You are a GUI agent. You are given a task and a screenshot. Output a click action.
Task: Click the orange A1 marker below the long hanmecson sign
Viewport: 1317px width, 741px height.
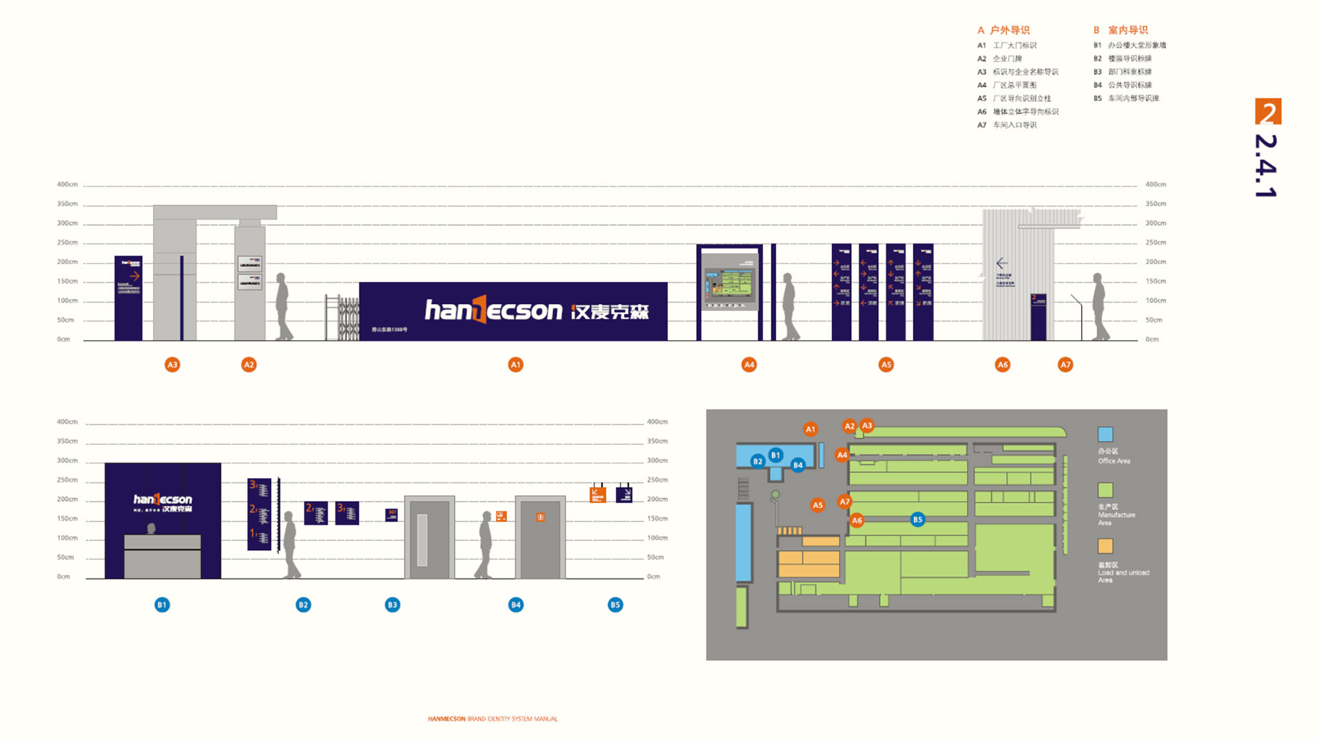(x=516, y=365)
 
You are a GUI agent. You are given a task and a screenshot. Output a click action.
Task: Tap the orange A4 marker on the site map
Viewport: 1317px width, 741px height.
(x=842, y=455)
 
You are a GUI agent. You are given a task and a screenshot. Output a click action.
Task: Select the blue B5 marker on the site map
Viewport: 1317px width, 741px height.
(x=918, y=519)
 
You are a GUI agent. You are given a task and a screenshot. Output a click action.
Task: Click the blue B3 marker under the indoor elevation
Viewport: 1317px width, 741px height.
(x=392, y=604)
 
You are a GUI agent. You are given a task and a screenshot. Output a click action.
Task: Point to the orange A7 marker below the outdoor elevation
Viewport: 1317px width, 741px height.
(x=1065, y=365)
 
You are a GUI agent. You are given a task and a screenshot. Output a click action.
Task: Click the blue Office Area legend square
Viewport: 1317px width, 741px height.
(x=1105, y=434)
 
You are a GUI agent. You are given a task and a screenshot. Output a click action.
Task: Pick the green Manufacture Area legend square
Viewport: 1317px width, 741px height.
(x=1105, y=490)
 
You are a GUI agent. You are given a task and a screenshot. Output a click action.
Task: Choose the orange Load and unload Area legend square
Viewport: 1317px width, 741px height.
(x=1105, y=546)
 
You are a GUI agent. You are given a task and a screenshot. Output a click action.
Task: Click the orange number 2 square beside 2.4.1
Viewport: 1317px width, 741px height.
(x=1268, y=112)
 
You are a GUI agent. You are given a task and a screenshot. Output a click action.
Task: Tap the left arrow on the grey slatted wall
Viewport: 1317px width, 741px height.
(x=1002, y=263)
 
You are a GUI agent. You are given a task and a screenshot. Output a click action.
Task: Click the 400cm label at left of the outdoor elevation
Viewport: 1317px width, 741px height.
(x=67, y=185)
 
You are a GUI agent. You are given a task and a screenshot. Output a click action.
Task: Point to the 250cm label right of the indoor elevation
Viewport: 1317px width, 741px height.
(x=657, y=480)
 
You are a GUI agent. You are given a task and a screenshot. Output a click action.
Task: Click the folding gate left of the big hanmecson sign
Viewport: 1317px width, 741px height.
(x=342, y=318)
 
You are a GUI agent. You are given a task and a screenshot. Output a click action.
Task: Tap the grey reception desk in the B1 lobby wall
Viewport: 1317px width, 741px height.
(x=163, y=556)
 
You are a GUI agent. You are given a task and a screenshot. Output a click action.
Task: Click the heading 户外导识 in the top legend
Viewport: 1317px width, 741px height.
(x=1010, y=30)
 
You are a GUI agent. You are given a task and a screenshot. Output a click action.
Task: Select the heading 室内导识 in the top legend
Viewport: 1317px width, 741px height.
(x=1128, y=30)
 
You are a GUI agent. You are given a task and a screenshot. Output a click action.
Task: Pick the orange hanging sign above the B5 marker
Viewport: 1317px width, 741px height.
(x=598, y=494)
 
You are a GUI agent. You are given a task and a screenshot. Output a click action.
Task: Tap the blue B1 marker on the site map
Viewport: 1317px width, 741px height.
(x=776, y=455)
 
